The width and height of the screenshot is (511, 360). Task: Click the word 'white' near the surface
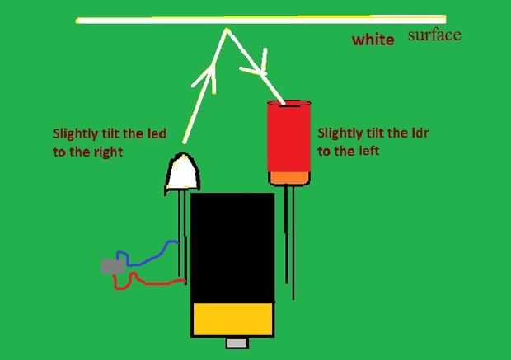click(372, 40)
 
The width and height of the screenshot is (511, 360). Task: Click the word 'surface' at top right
click(434, 35)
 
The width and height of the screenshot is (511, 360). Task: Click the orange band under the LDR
click(288, 176)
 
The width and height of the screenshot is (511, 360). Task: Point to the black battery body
click(232, 247)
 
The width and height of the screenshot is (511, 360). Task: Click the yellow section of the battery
click(232, 319)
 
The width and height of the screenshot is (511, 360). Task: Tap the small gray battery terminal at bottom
click(237, 342)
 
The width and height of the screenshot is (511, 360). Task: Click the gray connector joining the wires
click(112, 267)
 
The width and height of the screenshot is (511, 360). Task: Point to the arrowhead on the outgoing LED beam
click(205, 77)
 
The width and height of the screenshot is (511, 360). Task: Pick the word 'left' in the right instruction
click(377, 152)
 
